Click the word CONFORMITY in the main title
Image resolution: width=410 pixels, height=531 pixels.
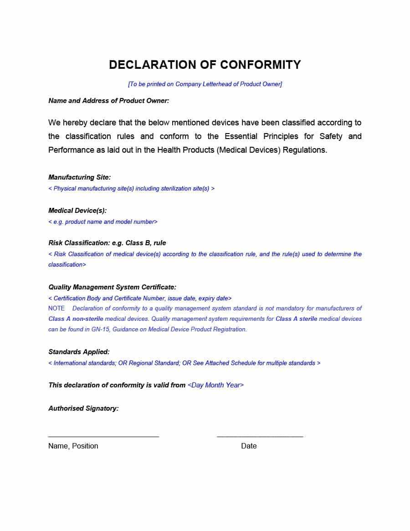point(260,65)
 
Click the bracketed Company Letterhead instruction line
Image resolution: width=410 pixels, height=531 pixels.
point(205,84)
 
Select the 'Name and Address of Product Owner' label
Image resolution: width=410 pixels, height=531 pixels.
point(108,101)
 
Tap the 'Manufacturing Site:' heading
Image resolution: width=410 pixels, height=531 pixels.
point(79,177)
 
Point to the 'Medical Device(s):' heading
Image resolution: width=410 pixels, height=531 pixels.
point(77,211)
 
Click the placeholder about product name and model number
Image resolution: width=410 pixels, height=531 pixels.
point(103,222)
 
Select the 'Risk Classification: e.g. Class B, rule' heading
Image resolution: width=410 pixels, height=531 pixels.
point(107,243)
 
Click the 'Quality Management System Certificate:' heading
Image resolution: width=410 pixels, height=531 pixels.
point(112,287)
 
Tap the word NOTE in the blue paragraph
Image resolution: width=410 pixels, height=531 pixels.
point(56,309)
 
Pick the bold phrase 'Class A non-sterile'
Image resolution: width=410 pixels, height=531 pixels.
point(76,319)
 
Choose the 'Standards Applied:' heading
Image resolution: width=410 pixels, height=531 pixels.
point(79,352)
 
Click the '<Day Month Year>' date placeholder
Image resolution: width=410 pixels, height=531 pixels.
point(215,385)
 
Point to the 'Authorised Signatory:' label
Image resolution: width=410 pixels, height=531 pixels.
point(83,408)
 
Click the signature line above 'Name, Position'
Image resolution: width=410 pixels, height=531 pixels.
point(103,437)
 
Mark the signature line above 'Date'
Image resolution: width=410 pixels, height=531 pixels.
point(260,437)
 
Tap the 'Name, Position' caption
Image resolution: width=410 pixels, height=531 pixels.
point(73,446)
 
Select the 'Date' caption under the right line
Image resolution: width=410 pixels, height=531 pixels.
point(249,446)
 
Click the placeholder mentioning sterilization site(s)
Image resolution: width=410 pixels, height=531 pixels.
point(131,189)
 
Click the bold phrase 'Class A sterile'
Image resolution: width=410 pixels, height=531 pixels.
point(296,319)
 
